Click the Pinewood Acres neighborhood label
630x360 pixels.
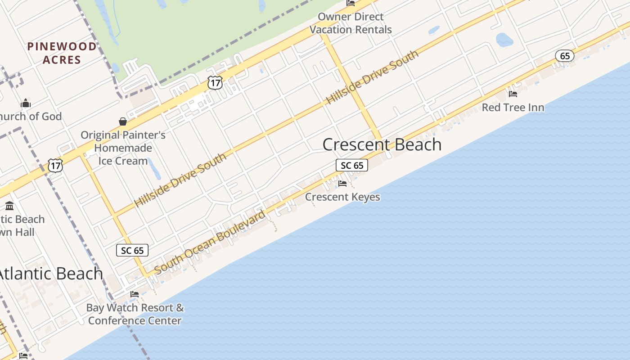pos(62,53)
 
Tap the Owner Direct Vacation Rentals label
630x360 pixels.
pos(351,23)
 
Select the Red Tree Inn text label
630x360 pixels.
pos(513,108)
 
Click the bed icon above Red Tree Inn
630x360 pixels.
pos(513,94)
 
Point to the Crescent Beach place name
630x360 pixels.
pos(382,144)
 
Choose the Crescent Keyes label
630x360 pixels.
pos(342,197)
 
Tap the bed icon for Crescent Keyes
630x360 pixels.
pos(342,184)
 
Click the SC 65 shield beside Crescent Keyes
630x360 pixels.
pos(352,166)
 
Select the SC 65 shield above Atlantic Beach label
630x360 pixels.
pos(132,251)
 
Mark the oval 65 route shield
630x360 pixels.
pos(564,56)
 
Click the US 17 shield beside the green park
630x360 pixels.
pos(215,82)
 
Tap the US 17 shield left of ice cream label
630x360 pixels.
pos(55,165)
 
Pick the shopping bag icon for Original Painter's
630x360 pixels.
pos(122,121)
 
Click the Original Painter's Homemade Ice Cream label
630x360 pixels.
pos(123,148)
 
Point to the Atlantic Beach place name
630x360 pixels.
pos(50,274)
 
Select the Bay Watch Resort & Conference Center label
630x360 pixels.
pos(135,314)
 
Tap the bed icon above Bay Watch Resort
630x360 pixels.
pos(135,294)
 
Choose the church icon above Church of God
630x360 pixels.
pos(26,103)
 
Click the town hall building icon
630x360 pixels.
pos(9,206)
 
